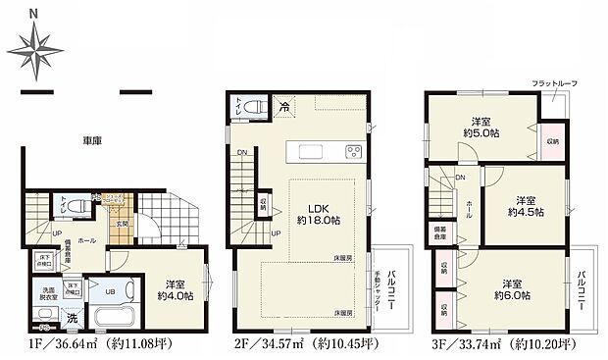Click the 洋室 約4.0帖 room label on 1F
click(x=174, y=288)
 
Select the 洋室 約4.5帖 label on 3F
click(x=527, y=204)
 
